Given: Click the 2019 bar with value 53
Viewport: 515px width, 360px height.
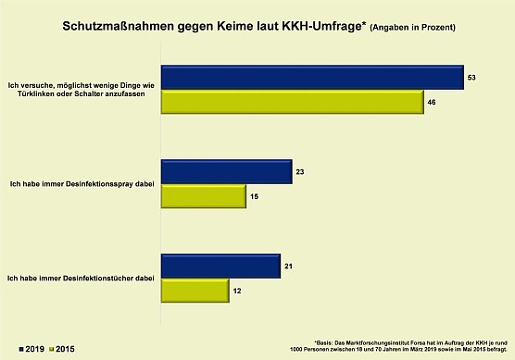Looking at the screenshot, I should [x=312, y=79].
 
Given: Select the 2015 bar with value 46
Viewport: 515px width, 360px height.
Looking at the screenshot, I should [x=292, y=103].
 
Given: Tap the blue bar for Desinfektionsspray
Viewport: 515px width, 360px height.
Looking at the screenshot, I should [x=226, y=171].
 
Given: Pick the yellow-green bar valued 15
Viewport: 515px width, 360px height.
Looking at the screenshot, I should [x=203, y=196].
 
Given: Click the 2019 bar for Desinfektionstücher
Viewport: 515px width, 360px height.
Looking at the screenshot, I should [x=220, y=266].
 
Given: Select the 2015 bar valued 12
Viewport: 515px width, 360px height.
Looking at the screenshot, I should [x=195, y=291].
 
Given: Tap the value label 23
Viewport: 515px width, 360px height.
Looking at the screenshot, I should [x=299, y=171].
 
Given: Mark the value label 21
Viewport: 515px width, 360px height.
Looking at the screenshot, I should [x=288, y=266].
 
